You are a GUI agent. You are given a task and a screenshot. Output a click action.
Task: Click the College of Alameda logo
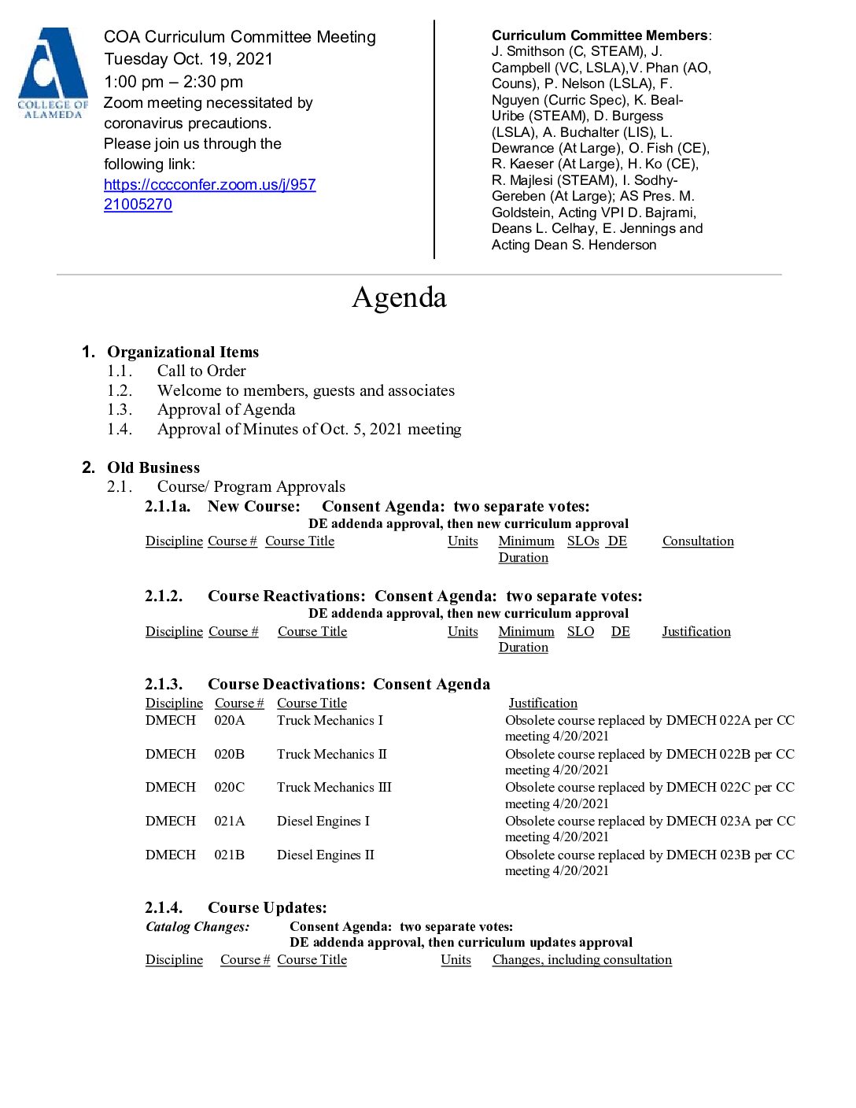[x=53, y=73]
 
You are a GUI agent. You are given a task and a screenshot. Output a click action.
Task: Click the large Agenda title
[x=399, y=297]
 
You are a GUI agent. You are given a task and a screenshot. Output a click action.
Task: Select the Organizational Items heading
[x=183, y=352]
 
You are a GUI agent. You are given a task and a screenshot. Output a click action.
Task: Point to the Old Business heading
[x=153, y=467]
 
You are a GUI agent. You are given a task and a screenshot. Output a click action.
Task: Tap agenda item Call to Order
[x=201, y=371]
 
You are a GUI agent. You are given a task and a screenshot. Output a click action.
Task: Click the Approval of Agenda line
[x=226, y=409]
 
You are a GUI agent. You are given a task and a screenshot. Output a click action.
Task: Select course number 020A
[x=229, y=720]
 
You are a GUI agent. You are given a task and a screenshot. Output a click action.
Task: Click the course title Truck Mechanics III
[x=334, y=787]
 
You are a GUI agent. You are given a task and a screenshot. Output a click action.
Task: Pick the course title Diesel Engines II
[x=325, y=855]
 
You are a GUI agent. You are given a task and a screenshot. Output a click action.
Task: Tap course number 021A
[x=229, y=821]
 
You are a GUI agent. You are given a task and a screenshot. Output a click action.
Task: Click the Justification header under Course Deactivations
[x=542, y=703]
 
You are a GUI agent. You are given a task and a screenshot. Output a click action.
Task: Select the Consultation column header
[x=698, y=541]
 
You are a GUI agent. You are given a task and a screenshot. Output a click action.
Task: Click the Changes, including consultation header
[x=581, y=959]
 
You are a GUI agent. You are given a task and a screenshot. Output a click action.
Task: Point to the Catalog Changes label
[x=197, y=926]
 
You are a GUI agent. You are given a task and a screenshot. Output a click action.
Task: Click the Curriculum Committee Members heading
[x=600, y=35]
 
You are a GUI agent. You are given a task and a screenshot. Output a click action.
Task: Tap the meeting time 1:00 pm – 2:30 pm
[x=173, y=82]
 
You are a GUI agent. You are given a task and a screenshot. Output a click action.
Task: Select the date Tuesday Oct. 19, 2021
[x=188, y=59]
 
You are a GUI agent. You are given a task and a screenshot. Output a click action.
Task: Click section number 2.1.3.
[x=164, y=684]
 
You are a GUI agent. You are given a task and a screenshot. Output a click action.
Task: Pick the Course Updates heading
[x=267, y=907]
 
